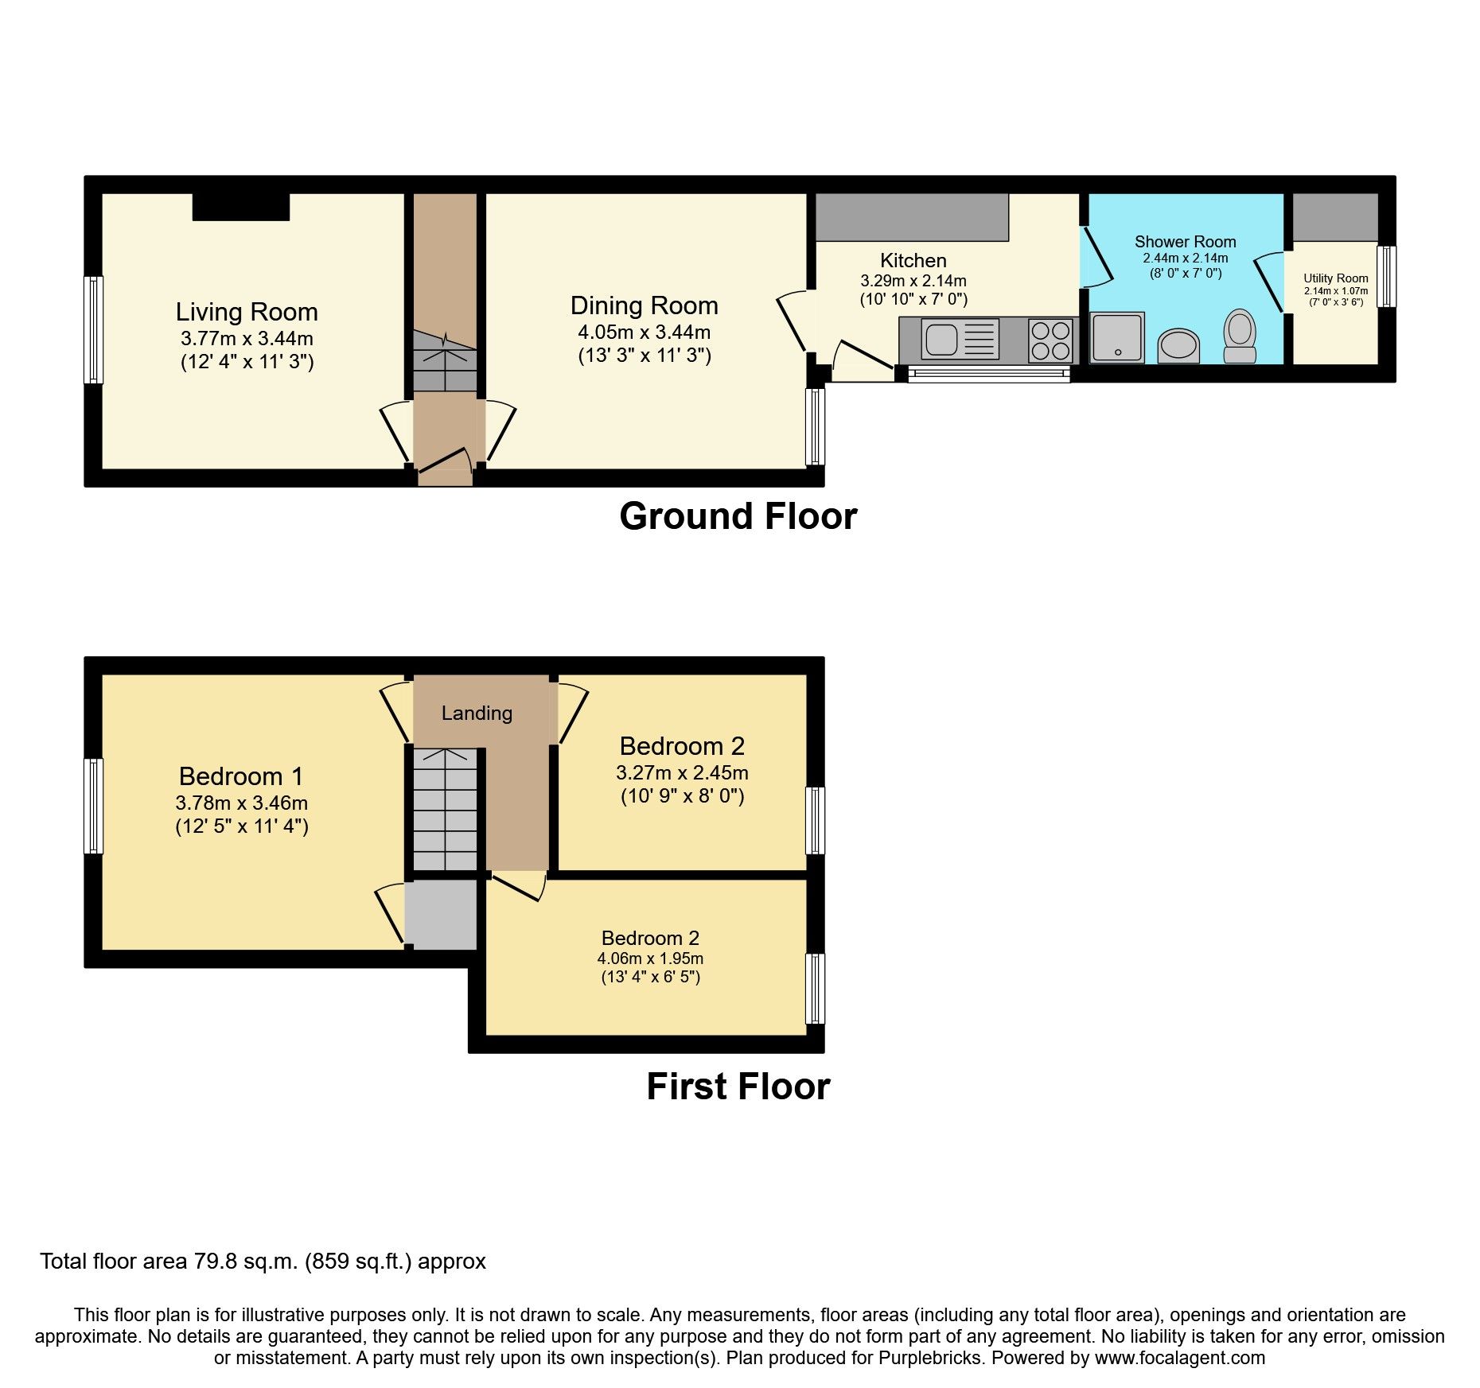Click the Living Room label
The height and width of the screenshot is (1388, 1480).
(247, 312)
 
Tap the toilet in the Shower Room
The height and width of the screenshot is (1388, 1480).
(1240, 336)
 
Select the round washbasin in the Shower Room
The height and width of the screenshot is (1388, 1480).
(1178, 346)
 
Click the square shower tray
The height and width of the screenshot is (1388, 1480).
(1117, 337)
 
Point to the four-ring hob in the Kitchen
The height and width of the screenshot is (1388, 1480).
(1050, 340)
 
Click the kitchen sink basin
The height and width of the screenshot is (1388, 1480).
(941, 340)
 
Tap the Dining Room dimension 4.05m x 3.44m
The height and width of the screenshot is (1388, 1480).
(645, 332)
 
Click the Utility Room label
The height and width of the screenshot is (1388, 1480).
(1335, 278)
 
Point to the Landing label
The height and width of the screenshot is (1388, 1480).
(477, 713)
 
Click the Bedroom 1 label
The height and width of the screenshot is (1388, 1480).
(241, 776)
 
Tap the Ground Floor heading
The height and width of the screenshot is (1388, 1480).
(738, 516)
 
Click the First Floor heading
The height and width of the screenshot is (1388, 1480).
(738, 1087)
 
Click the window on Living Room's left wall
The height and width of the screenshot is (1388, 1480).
(94, 329)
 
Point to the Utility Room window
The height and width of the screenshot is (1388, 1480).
(1387, 276)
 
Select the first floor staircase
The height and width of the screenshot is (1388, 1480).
(444, 810)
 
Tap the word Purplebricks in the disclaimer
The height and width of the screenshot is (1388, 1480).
(929, 1358)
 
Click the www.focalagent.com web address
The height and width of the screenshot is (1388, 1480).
(1180, 1358)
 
